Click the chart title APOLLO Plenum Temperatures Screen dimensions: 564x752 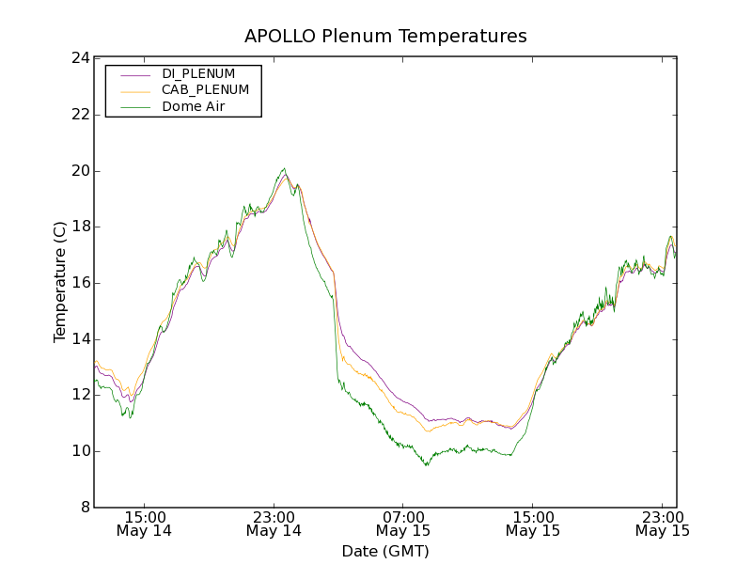[385, 37]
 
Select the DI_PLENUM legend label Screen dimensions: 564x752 [198, 73]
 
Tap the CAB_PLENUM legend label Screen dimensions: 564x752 [205, 90]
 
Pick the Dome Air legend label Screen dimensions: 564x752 [194, 107]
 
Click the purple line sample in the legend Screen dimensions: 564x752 [135, 73]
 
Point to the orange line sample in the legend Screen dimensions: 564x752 [135, 90]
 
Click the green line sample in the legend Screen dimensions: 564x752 [135, 107]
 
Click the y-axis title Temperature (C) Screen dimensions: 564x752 [60, 282]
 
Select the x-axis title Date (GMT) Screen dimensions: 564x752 [385, 552]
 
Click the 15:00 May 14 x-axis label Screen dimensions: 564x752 [145, 524]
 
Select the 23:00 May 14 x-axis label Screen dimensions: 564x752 [274, 524]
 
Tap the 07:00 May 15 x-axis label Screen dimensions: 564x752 [403, 524]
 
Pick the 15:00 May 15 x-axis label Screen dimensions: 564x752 [533, 524]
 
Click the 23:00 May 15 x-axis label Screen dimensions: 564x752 [662, 524]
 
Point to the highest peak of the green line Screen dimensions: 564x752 [284, 169]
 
